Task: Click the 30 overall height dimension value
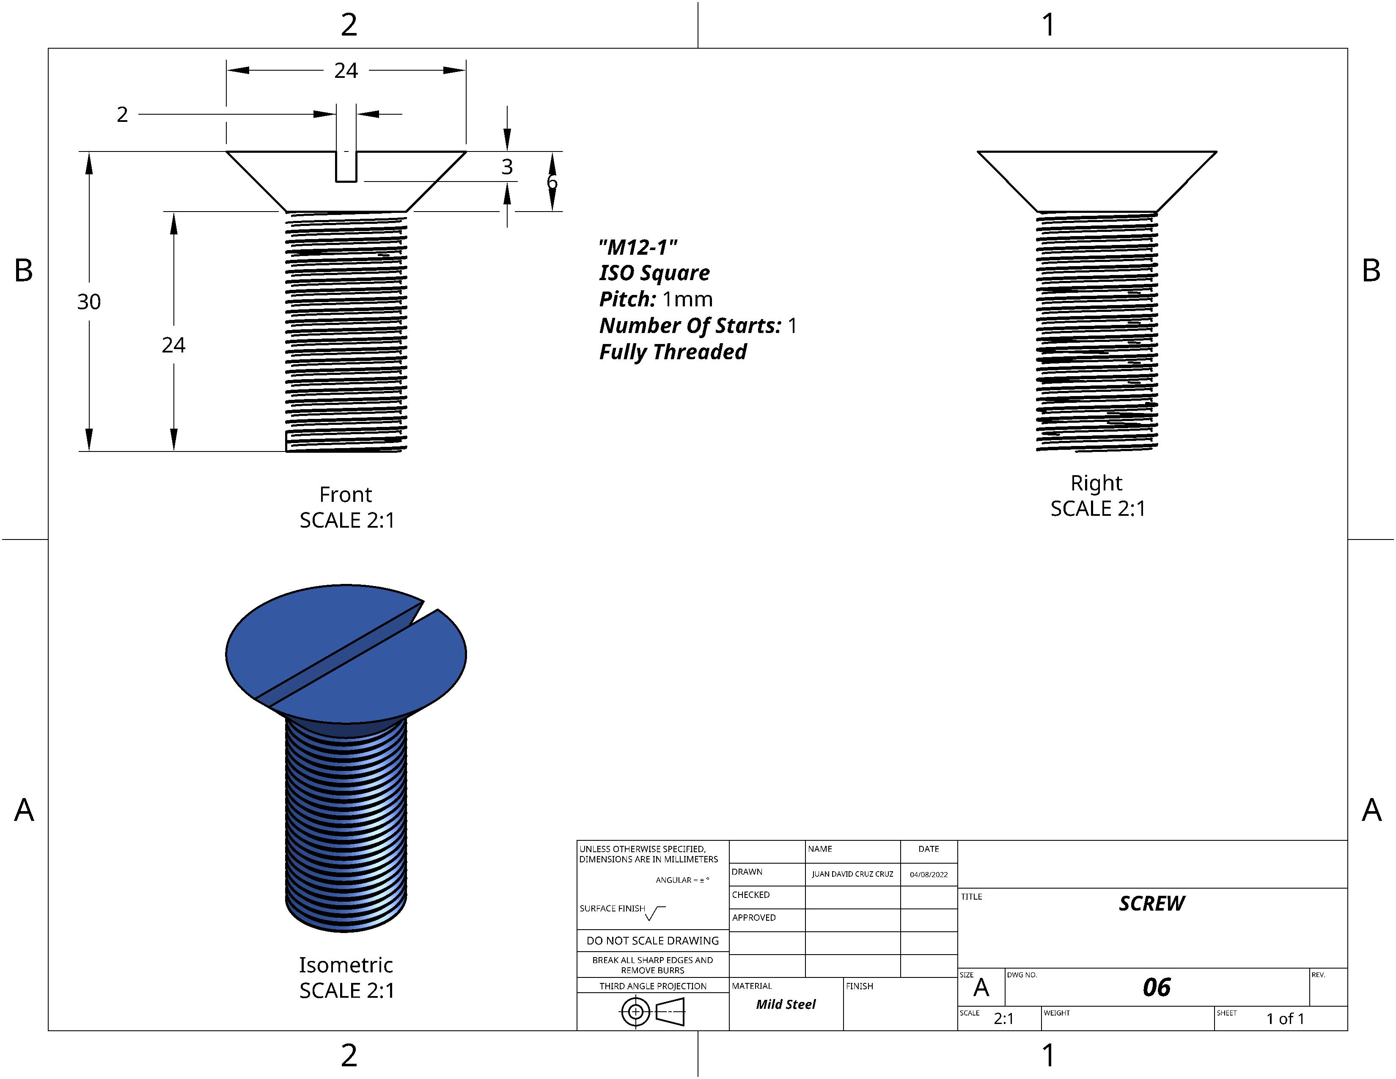89,302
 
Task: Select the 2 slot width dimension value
122,114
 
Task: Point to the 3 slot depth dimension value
507,167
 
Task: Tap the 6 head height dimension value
552,183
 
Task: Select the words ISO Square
654,273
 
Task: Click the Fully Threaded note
673,352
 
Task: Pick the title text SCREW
1151,903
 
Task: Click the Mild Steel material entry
786,1004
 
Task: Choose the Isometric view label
346,965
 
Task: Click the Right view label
1096,483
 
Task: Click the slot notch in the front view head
346,167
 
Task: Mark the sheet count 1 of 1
1285,1019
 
